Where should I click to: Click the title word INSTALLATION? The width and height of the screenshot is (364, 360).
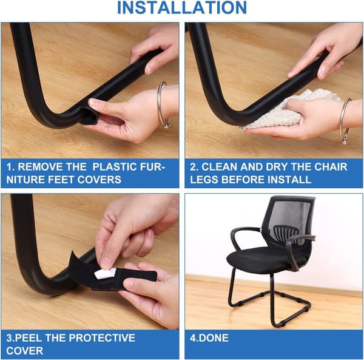click(x=182, y=8)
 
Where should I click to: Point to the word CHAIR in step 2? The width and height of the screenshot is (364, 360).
click(x=331, y=167)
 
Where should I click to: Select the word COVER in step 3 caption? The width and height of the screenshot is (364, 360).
click(x=25, y=351)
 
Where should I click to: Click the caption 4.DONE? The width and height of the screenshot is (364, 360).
click(x=209, y=338)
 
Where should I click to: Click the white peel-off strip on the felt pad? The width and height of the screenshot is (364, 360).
click(x=106, y=273)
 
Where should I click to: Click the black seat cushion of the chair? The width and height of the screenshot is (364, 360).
click(x=267, y=259)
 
